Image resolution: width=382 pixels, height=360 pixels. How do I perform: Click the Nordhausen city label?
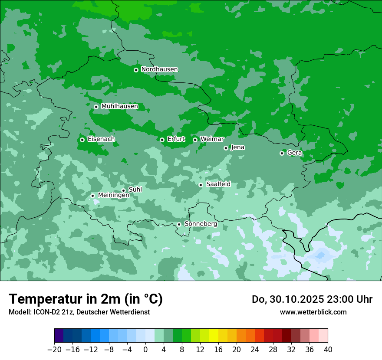tap(159, 69)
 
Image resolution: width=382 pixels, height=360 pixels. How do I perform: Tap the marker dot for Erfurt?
tap(162, 140)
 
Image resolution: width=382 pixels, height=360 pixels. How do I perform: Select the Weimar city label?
tap(212, 139)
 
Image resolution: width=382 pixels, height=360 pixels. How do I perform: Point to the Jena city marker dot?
tap(226, 148)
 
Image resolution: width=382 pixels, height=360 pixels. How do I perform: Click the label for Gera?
tap(294, 153)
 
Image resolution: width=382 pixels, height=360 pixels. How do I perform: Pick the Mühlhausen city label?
tap(119, 106)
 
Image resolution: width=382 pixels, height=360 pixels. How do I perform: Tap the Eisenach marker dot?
tap(82, 140)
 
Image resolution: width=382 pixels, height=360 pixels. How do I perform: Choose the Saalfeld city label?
tap(218, 184)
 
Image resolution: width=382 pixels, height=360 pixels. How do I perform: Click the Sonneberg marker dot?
tap(179, 224)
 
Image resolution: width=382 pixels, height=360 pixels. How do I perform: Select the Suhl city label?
tap(135, 190)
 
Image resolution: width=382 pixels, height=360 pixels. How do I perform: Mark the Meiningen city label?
tap(113, 195)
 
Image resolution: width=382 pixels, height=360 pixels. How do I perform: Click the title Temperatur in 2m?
tap(86, 299)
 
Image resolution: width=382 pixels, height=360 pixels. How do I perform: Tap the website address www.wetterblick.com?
tap(313, 312)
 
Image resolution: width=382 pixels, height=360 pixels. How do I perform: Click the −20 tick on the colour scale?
tap(55, 350)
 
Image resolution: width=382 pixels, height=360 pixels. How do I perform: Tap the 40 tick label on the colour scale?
tap(328, 350)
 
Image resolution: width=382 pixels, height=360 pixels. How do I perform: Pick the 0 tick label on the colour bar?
tap(145, 350)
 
